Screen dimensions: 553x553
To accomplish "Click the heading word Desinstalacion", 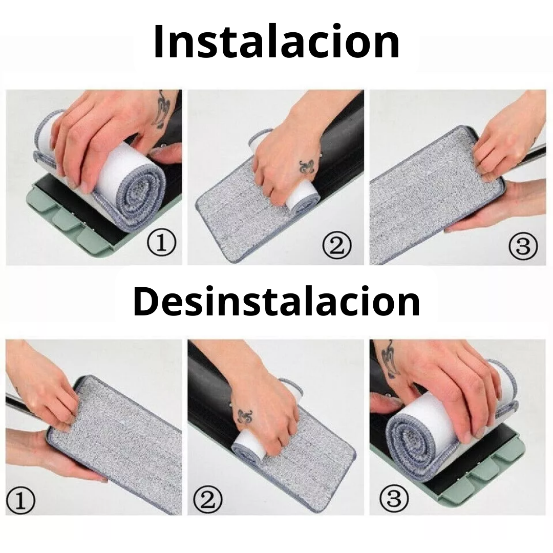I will point(276,302).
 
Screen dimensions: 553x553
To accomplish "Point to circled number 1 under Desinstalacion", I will point(20,500).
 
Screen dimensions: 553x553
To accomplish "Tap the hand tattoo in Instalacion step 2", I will point(307,167).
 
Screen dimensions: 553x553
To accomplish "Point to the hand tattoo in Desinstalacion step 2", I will point(245,417).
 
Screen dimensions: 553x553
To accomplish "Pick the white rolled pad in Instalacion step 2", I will point(302,197).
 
